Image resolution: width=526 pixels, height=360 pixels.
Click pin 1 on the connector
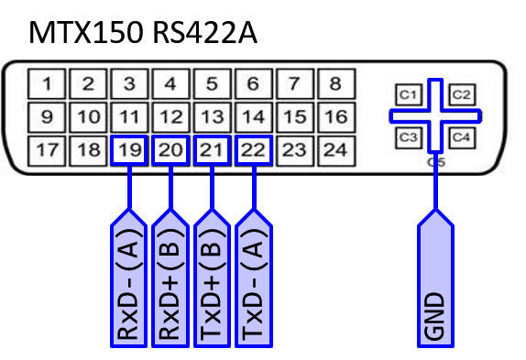[x=47, y=85]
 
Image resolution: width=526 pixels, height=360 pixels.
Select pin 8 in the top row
[x=335, y=85]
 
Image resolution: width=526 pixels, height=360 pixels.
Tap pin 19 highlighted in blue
[x=129, y=150]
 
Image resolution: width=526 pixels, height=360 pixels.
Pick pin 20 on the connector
[x=170, y=150]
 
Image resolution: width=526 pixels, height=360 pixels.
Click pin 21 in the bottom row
[x=212, y=150]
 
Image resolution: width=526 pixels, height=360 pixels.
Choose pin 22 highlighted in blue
[x=253, y=150]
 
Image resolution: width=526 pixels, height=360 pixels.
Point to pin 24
[x=335, y=150]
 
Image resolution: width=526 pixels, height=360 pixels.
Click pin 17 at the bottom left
[x=47, y=150]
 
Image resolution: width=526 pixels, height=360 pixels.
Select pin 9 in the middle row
[x=47, y=117]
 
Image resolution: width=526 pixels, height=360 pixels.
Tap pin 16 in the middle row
[x=335, y=117]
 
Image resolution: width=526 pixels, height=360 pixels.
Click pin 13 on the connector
[x=212, y=117]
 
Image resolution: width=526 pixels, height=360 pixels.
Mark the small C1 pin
[x=408, y=94]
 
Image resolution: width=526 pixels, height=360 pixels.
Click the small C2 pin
[x=461, y=94]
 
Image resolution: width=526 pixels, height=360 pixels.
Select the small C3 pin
[x=408, y=138]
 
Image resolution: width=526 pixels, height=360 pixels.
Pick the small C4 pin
[x=461, y=138]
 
